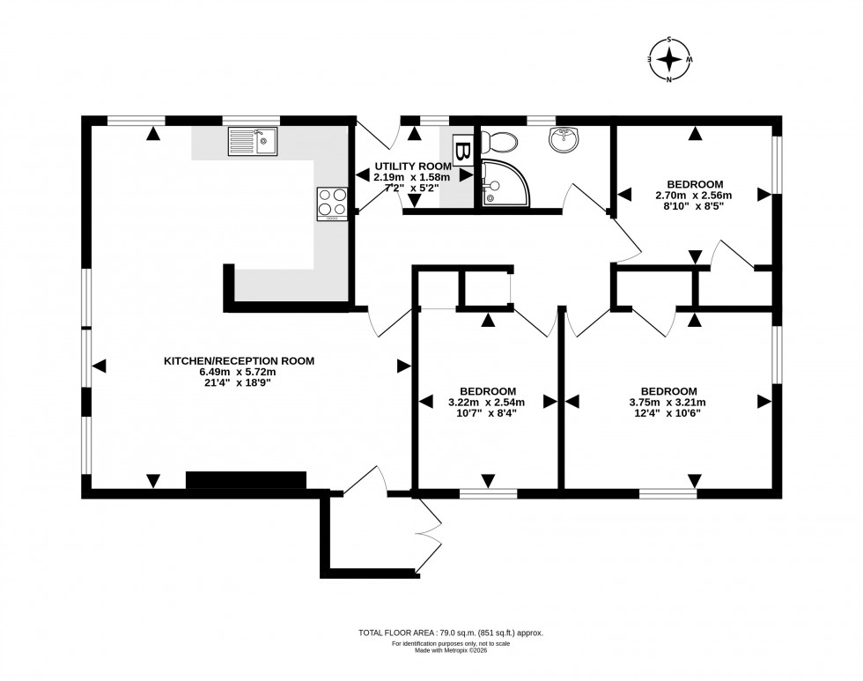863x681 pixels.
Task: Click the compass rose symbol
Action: click(x=670, y=60)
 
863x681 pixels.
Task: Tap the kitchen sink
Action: click(x=252, y=141)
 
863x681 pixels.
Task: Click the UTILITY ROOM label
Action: click(x=412, y=166)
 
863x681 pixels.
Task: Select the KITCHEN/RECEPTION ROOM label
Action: click(x=239, y=360)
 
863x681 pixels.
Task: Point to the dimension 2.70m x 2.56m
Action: click(x=693, y=196)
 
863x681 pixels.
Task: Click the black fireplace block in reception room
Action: click(x=246, y=480)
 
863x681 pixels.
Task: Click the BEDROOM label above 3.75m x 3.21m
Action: click(x=668, y=391)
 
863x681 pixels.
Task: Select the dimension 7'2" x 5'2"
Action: click(x=411, y=188)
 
